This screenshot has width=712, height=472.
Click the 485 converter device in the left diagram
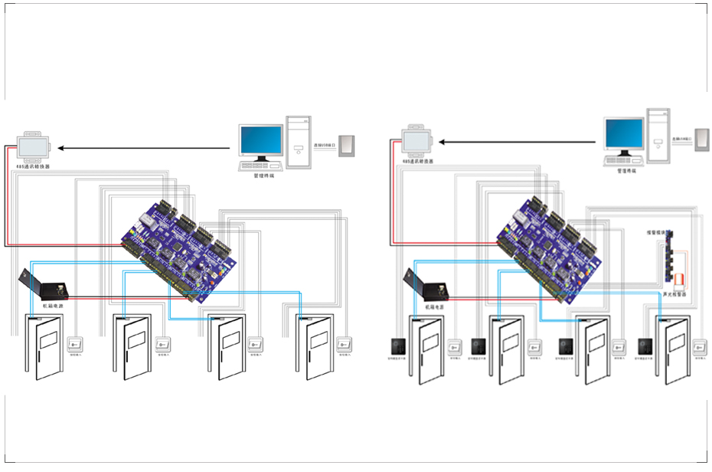34,143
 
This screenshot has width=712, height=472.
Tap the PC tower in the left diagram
299,142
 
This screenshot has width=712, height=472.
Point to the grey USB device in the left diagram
348,146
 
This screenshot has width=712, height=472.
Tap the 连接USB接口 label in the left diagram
324,146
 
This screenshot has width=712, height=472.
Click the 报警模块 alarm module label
658,231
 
